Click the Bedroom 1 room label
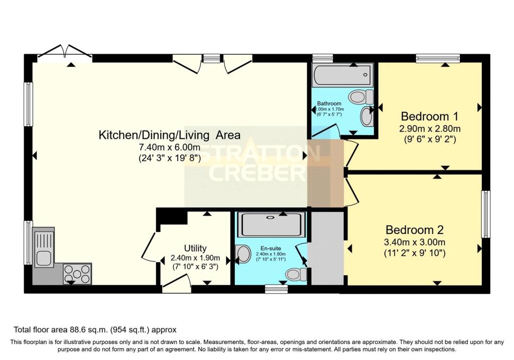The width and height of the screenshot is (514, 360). (x=430, y=116)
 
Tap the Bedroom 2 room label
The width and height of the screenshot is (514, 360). (x=414, y=230)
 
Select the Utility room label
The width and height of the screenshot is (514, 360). (x=195, y=248)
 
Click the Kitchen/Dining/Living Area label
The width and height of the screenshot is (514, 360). (x=170, y=135)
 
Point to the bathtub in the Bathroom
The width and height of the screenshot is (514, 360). (x=342, y=75)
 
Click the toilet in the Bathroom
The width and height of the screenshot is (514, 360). (x=360, y=97)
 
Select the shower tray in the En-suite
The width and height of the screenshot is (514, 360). (x=271, y=224)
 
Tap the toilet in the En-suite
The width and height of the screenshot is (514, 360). (x=296, y=275)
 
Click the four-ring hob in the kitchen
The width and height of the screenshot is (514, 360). (x=77, y=274)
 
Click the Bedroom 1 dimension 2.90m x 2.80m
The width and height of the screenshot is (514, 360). (x=430, y=129)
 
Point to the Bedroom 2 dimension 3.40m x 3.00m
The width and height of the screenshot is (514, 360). (x=414, y=243)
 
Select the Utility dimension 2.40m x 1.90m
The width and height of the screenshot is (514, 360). (x=195, y=258)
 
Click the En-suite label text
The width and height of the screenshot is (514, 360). (x=271, y=248)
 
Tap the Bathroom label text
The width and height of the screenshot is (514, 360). (x=329, y=103)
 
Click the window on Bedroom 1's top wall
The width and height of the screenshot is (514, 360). (x=438, y=58)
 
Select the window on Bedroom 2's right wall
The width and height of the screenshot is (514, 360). (x=485, y=214)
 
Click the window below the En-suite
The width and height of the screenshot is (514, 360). (x=277, y=289)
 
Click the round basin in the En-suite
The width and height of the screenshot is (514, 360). (x=243, y=255)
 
